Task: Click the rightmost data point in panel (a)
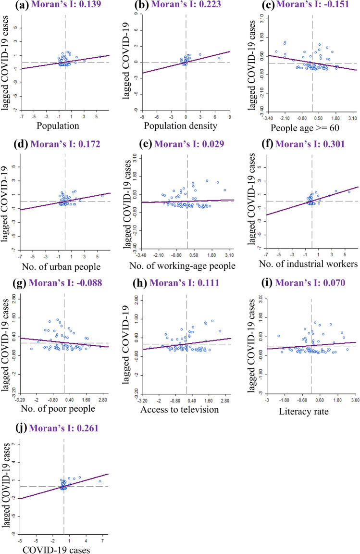(100, 57)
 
